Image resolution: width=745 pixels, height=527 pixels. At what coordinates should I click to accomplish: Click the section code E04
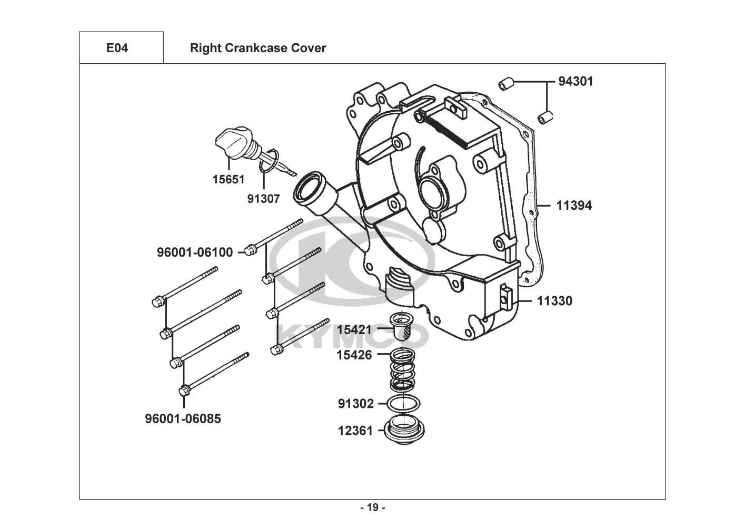(x=117, y=48)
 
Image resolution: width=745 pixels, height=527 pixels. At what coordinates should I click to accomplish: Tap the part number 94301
(x=575, y=82)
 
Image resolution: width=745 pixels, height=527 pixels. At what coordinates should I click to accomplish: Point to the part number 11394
(x=574, y=206)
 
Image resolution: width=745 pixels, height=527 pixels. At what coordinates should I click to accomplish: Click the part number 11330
(x=555, y=301)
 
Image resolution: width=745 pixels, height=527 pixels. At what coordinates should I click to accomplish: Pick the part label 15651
(x=229, y=179)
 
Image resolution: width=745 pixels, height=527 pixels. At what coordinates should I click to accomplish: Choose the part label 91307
(x=263, y=199)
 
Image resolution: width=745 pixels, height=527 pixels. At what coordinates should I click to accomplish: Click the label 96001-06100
(x=195, y=252)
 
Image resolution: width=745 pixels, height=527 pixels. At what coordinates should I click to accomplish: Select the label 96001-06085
(x=183, y=418)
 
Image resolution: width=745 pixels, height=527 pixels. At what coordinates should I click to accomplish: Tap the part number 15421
(x=354, y=330)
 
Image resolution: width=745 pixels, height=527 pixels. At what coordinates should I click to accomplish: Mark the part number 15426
(x=354, y=355)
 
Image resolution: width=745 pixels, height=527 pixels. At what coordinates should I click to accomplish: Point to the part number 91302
(x=356, y=404)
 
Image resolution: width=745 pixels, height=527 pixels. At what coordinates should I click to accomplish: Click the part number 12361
(x=355, y=431)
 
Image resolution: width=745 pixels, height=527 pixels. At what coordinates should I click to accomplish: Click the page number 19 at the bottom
(x=373, y=508)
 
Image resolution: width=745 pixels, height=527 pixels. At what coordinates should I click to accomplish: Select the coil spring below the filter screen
(x=403, y=369)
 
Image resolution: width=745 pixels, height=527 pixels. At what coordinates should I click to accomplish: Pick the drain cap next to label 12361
(x=404, y=430)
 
